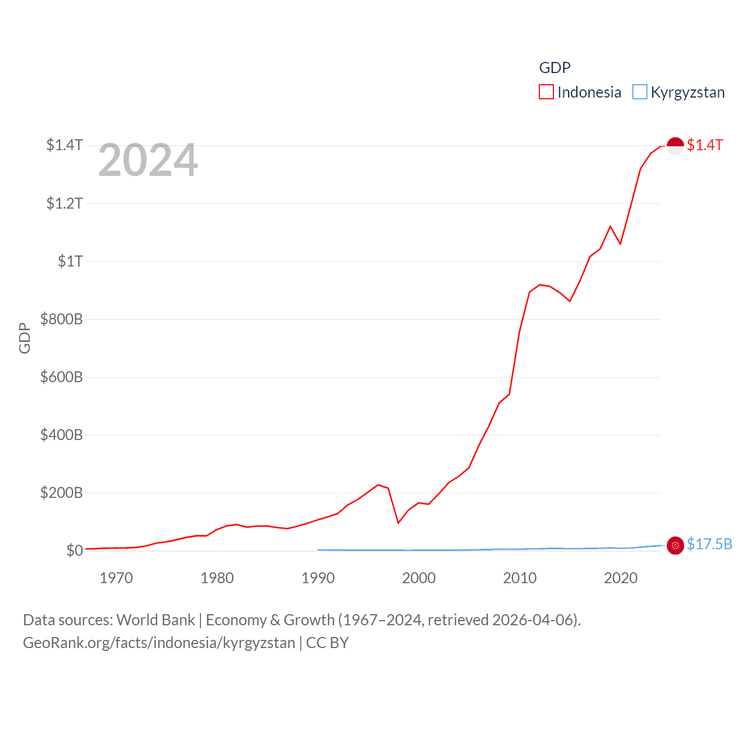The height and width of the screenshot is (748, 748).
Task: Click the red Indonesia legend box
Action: pos(546,92)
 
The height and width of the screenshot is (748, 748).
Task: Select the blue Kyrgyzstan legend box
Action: pos(640,92)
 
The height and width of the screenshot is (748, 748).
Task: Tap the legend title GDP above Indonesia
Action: pos(555,68)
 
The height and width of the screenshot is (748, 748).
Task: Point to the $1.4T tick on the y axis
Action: pos(64,145)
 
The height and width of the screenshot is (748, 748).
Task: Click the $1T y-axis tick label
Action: pos(70,261)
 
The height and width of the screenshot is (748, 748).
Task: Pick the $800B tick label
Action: pos(61,319)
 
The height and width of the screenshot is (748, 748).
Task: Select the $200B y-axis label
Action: pos(61,493)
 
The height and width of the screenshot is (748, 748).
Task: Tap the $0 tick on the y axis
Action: pos(74,550)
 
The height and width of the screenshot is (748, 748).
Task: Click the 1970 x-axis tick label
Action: pos(116,579)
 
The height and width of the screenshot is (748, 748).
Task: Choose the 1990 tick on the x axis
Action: pos(318,579)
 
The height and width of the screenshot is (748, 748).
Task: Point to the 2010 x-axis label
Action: pos(520,579)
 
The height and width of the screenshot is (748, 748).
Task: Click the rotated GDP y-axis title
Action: pos(25,338)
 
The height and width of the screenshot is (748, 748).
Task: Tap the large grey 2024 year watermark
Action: pos(148,160)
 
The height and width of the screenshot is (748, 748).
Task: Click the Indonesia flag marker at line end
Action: pos(675,146)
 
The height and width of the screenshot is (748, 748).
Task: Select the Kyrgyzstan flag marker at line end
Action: pos(675,545)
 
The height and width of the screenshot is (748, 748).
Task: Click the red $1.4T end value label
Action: pos(705,146)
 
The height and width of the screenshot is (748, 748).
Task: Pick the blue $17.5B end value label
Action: pos(709,545)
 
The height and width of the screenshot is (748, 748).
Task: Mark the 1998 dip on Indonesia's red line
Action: pos(398,522)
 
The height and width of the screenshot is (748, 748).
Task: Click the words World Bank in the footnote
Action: pos(155,620)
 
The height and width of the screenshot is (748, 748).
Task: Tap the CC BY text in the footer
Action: pos(327,643)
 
